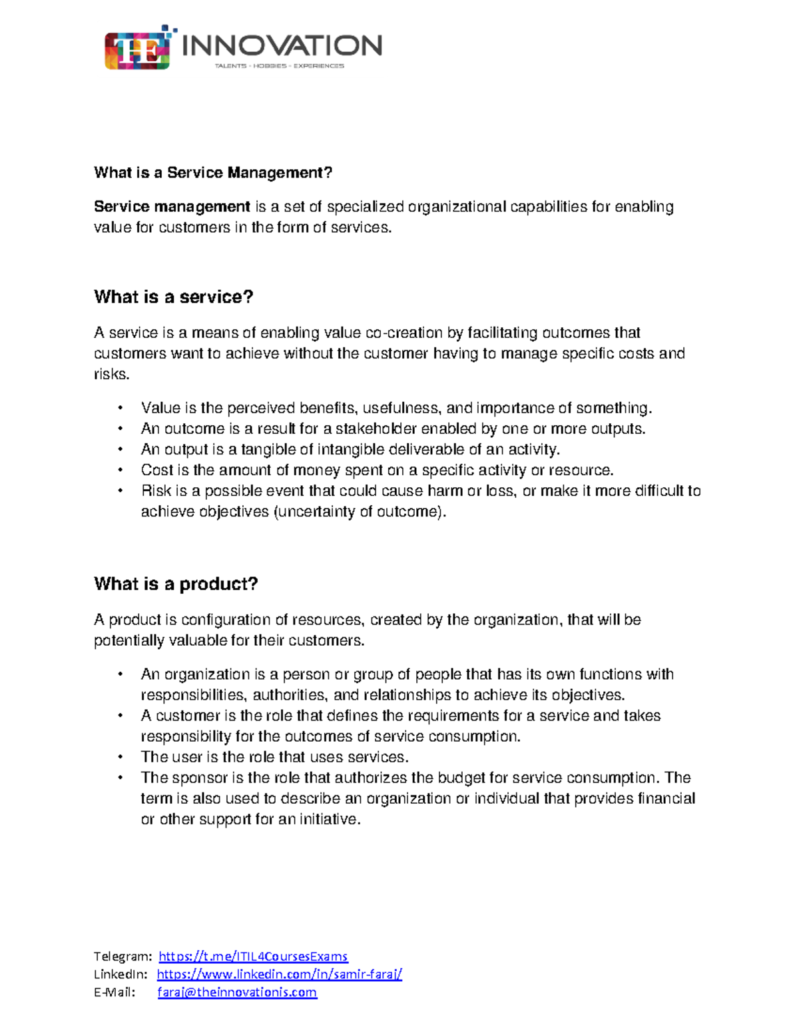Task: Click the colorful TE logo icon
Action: (137, 50)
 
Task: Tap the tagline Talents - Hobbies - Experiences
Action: (279, 66)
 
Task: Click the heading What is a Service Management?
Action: (213, 173)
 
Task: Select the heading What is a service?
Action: (174, 297)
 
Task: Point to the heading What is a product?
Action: (176, 584)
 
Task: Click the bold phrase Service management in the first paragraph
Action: (172, 207)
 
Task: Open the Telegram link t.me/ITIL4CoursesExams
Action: (253, 956)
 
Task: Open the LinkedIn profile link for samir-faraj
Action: (279, 974)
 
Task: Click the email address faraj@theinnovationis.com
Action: (237, 992)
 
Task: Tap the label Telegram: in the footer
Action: (123, 956)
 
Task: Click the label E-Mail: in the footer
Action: (114, 992)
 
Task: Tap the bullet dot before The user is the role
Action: (121, 758)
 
